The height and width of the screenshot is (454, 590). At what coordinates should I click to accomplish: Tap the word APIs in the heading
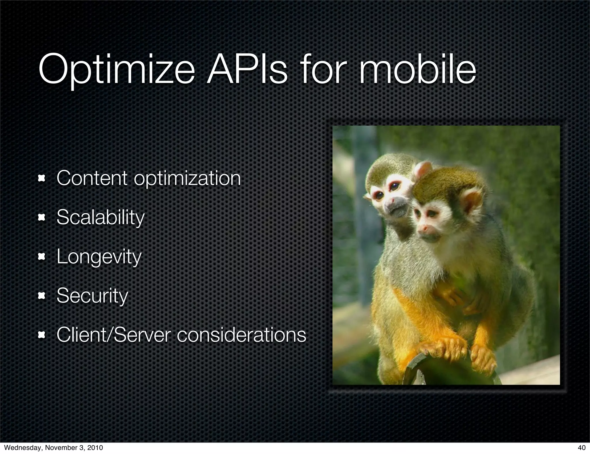click(247, 69)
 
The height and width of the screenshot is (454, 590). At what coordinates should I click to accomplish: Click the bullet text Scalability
click(100, 217)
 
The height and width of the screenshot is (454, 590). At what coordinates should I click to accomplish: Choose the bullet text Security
click(92, 296)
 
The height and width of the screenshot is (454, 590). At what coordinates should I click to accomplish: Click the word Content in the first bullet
click(92, 178)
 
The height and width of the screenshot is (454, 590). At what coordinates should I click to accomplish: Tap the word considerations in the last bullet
click(241, 335)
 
